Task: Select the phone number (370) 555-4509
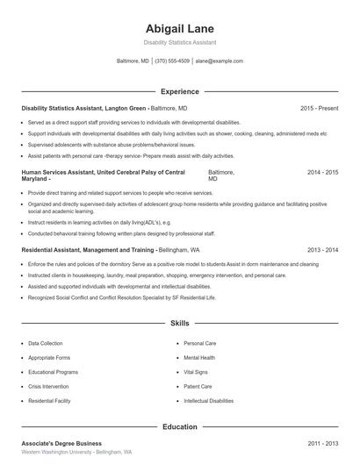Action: pos(172,61)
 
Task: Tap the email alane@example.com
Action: pos(220,61)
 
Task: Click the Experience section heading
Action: pos(180,91)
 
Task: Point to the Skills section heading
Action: pos(180,324)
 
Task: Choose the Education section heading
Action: pos(180,426)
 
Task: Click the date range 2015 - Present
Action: pos(319,108)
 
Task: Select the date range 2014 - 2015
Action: pos(322,173)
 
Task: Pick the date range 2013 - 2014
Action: pos(322,250)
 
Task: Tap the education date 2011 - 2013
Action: pos(322,444)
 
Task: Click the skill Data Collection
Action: pos(46,344)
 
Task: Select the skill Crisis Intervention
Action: pos(49,386)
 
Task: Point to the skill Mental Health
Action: pos(199,358)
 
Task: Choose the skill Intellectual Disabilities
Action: pos(209,400)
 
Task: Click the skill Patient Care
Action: pos(198,386)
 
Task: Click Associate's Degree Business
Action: pos(61,444)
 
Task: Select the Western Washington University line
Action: pos(76,452)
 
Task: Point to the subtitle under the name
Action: pos(180,42)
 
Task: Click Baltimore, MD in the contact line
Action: pos(133,61)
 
